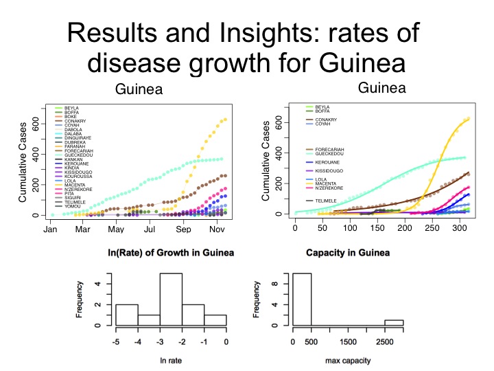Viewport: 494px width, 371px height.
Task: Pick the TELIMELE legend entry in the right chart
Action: [x=327, y=200]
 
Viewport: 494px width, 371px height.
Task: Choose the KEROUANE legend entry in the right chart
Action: [x=328, y=162]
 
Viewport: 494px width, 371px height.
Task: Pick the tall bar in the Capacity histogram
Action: [x=302, y=299]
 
